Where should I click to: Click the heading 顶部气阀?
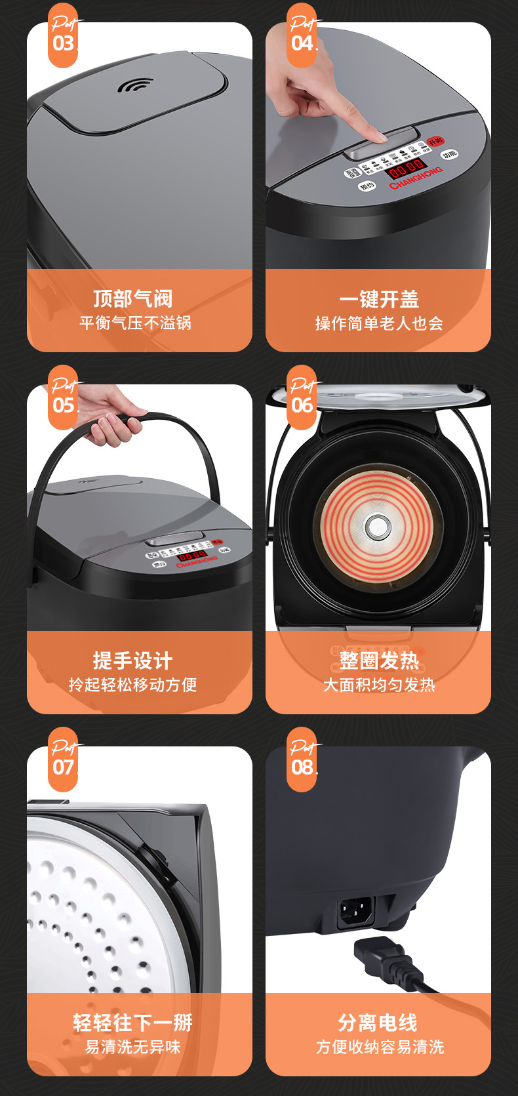[x=133, y=298]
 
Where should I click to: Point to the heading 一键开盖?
[x=378, y=299]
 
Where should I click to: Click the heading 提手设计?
[x=133, y=660]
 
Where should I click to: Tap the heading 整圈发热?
[x=378, y=660]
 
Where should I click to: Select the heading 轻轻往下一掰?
[x=133, y=1023]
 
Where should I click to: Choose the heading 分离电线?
[x=378, y=1023]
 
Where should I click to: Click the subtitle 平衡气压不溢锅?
[x=135, y=323]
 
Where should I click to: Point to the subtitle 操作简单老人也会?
[x=379, y=323]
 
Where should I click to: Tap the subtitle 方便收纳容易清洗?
[x=379, y=1047]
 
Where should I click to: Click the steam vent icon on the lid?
[x=134, y=86]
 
